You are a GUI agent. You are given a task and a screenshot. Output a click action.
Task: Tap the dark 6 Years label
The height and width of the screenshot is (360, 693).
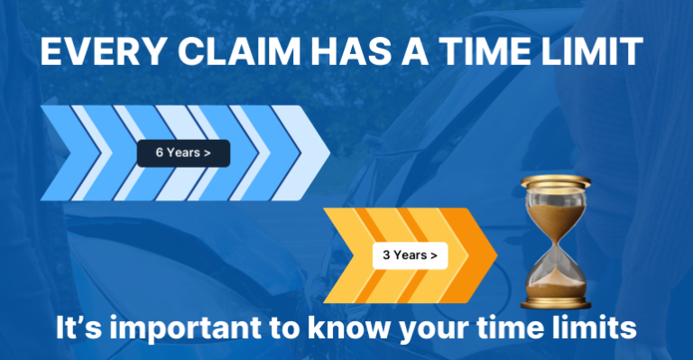click(x=183, y=152)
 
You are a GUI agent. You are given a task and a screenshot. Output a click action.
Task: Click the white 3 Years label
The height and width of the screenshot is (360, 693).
click(x=410, y=255)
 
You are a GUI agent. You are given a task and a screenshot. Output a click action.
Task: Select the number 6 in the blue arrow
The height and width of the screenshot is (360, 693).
click(x=160, y=152)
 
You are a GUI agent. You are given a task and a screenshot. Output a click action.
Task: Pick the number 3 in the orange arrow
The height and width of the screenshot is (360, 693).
click(x=386, y=255)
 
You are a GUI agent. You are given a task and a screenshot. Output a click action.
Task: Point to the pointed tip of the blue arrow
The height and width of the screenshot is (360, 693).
click(x=328, y=152)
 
